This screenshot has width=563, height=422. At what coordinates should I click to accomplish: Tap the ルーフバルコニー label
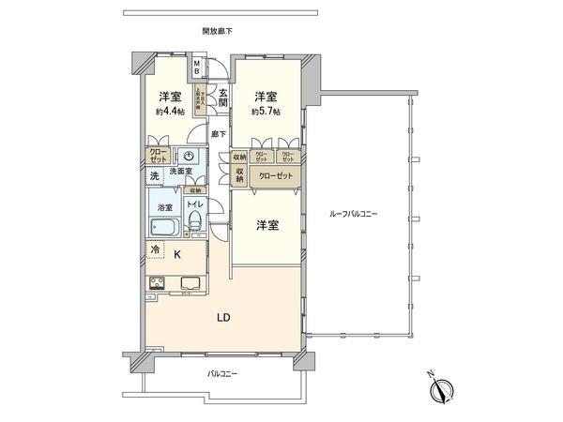[354, 215]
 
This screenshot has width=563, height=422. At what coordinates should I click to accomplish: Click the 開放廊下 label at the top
[217, 31]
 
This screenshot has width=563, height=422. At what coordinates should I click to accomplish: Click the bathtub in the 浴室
[163, 229]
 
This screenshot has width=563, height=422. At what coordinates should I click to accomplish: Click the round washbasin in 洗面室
[190, 157]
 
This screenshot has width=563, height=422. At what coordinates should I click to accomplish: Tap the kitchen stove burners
[158, 283]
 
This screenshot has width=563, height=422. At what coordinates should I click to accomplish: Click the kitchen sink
[186, 284]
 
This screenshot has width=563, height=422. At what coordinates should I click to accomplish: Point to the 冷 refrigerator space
[155, 250]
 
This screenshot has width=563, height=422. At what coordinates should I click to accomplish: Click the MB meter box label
[197, 68]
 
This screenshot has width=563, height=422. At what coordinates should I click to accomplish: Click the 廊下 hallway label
[218, 134]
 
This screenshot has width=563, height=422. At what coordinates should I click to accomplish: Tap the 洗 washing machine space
[154, 175]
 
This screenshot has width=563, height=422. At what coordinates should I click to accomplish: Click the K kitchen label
[176, 252]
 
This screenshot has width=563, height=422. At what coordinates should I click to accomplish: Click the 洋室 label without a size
[267, 225]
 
